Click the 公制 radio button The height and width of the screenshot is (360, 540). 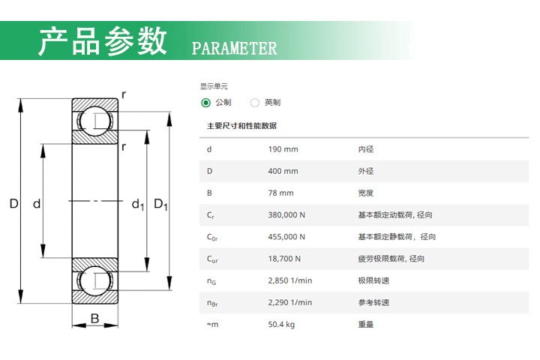(x=206, y=103)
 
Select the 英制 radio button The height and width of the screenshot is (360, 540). (x=255, y=103)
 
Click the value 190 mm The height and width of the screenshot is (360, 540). (x=283, y=149)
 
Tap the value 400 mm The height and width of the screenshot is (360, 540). (x=283, y=171)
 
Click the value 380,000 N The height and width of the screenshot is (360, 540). (x=286, y=215)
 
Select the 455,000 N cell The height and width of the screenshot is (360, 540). (x=286, y=237)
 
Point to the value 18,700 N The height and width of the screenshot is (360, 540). (x=284, y=259)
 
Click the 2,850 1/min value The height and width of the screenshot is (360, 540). (x=289, y=280)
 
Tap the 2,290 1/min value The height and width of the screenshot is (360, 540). (x=289, y=302)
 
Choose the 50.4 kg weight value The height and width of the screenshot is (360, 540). (x=281, y=324)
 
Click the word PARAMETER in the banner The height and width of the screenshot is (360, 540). (x=235, y=49)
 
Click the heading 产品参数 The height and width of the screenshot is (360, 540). (x=103, y=41)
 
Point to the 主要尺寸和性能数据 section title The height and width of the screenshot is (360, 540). (x=241, y=126)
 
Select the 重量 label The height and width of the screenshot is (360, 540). (x=366, y=324)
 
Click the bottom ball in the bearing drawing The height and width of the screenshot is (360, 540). (x=94, y=281)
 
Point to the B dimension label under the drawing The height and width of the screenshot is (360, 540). (x=94, y=319)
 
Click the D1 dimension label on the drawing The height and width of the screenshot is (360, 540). (x=160, y=204)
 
